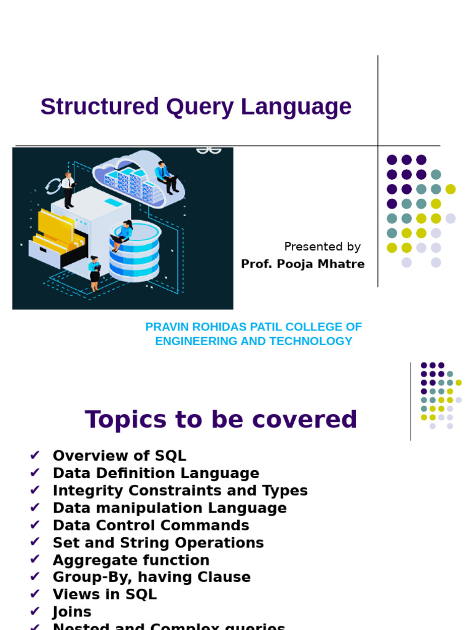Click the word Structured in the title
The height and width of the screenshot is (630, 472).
99,107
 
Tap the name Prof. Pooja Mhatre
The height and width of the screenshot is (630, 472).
302,264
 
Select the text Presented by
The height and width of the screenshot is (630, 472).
322,247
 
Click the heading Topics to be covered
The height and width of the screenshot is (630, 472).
221,420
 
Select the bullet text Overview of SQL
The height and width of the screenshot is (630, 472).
119,456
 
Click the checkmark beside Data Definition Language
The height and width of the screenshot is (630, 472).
35,472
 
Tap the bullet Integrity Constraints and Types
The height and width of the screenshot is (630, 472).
180,490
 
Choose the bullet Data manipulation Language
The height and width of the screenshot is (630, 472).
170,508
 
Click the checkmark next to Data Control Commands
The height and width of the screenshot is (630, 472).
35,524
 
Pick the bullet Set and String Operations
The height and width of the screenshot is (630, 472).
158,543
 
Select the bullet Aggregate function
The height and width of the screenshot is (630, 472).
131,560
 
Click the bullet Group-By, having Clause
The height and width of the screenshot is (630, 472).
152,577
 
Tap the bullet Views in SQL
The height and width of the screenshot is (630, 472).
104,594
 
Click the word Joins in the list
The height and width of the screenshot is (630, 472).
72,612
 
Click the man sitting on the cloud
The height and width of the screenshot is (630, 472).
165,175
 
